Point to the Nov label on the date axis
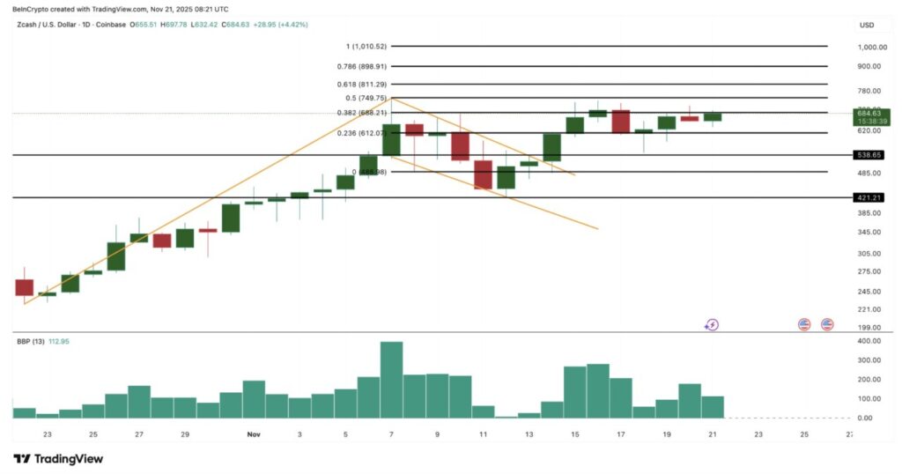(x=254, y=434)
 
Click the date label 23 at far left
(x=47, y=434)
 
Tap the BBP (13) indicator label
(x=30, y=341)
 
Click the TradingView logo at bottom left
(x=58, y=458)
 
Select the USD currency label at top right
(x=867, y=25)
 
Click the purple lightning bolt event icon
(x=712, y=324)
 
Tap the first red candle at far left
(x=24, y=287)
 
